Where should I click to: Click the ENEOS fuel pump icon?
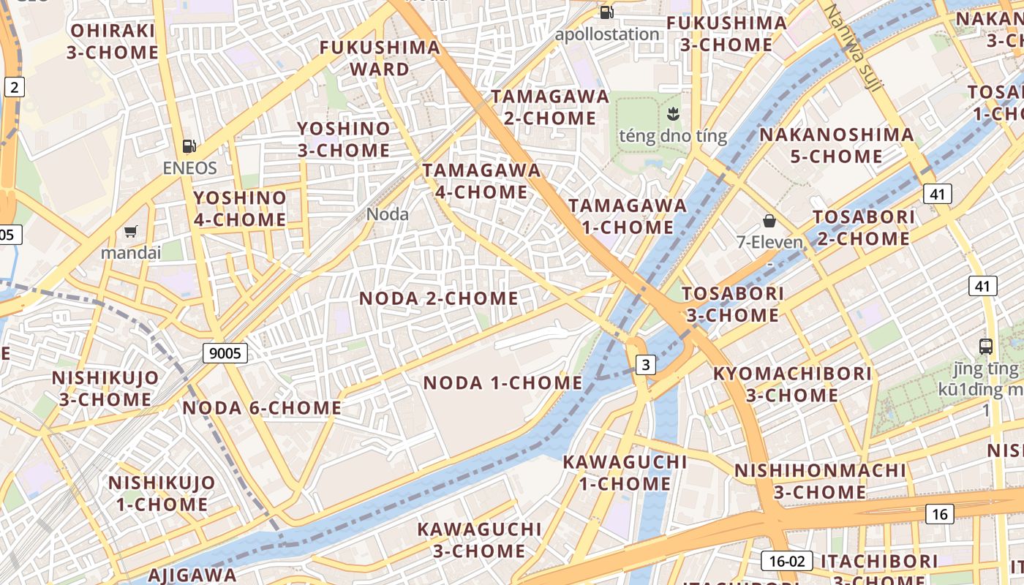click(x=189, y=146)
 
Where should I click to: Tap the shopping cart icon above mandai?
click(x=131, y=232)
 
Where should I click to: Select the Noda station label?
click(x=387, y=214)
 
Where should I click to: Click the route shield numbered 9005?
click(x=225, y=353)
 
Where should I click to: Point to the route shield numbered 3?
click(x=645, y=364)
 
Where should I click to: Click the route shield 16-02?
click(x=787, y=561)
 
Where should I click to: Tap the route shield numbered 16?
click(x=940, y=514)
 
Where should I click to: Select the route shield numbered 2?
click(x=14, y=87)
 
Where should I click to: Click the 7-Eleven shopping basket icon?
click(x=769, y=220)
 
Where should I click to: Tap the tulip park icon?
click(x=673, y=113)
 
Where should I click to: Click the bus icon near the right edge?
click(x=985, y=346)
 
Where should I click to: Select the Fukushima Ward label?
click(x=380, y=58)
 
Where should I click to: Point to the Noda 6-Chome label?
click(x=262, y=408)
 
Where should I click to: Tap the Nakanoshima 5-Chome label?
click(x=836, y=146)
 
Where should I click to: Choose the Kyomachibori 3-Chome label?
click(x=792, y=384)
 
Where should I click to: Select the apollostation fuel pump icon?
click(x=606, y=12)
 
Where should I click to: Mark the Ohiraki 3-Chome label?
click(x=113, y=41)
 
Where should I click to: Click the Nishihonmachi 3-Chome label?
click(x=820, y=480)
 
